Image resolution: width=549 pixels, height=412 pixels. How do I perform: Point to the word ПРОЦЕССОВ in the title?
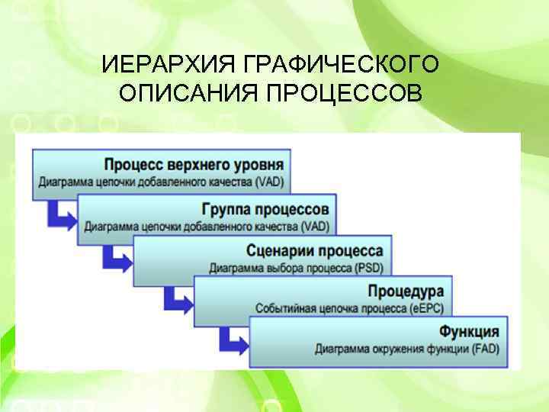(x=344, y=94)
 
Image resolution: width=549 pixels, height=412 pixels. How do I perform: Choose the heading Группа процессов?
(x=265, y=208)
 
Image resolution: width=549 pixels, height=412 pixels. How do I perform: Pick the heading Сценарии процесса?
(x=315, y=251)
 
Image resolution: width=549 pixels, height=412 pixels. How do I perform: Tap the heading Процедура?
(x=406, y=292)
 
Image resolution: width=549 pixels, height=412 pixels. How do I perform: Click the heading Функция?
(x=470, y=332)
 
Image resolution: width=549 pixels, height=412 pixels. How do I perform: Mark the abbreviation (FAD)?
(x=483, y=349)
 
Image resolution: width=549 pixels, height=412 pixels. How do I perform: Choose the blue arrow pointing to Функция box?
(x=233, y=339)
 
